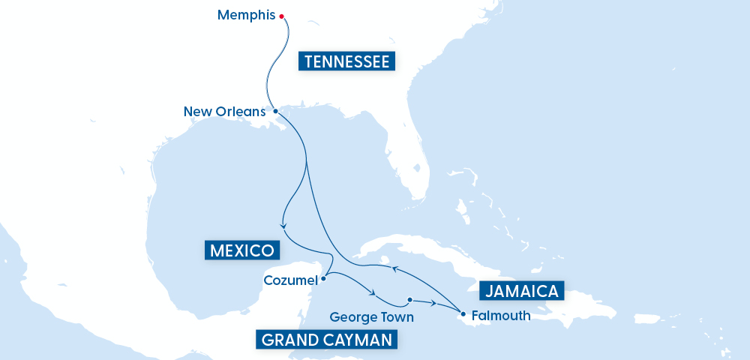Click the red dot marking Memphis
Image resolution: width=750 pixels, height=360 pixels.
(x=281, y=16)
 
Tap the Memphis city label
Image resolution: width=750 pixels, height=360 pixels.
(x=246, y=15)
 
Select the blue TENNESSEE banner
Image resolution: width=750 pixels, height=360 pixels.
(x=346, y=61)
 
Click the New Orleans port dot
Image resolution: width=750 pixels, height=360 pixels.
(x=276, y=111)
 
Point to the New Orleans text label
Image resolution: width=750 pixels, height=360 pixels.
(x=224, y=112)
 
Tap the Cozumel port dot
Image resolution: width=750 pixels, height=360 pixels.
(x=323, y=280)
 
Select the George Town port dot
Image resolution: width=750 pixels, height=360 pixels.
(x=409, y=300)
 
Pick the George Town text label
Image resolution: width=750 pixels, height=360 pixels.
(x=371, y=317)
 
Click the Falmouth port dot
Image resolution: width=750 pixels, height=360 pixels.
(x=463, y=313)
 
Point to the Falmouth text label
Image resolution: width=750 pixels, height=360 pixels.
(x=501, y=316)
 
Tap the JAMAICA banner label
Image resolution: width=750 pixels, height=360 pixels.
(x=521, y=291)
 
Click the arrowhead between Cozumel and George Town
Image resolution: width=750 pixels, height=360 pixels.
(x=372, y=292)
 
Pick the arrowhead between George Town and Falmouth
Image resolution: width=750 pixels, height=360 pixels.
(x=434, y=303)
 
